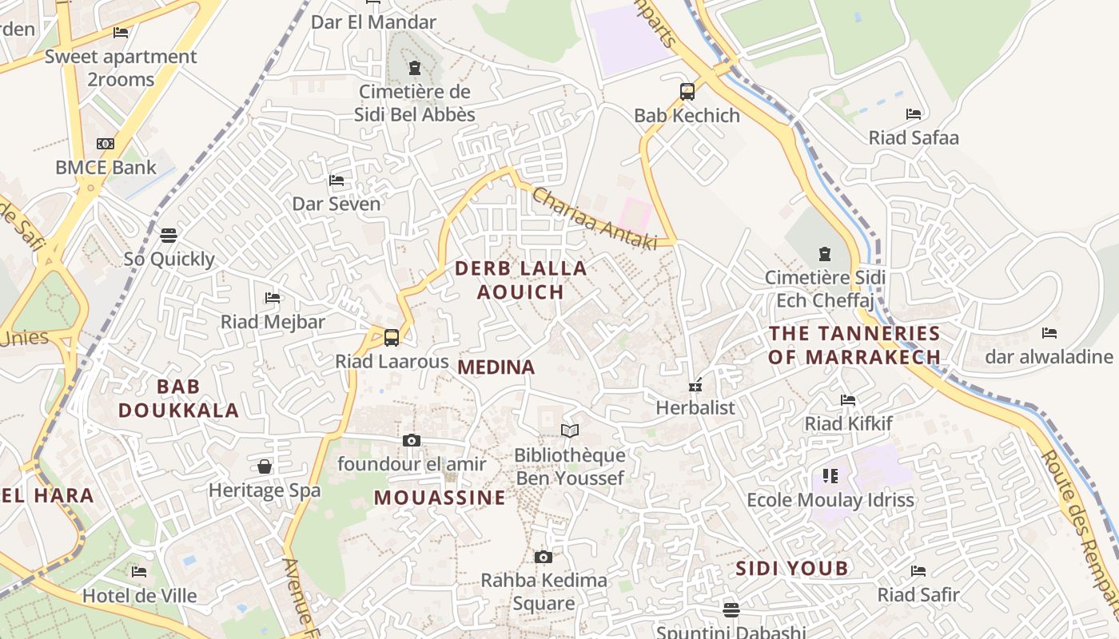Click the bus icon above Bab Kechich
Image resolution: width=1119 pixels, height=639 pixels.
click(687, 91)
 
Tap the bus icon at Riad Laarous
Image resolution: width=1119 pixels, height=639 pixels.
click(391, 337)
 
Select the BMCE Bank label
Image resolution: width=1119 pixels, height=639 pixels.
click(106, 168)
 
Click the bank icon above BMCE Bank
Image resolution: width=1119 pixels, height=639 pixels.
click(106, 144)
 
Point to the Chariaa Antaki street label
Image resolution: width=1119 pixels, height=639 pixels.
click(594, 218)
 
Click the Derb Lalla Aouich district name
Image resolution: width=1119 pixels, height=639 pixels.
click(521, 280)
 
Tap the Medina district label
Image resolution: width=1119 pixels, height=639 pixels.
click(496, 367)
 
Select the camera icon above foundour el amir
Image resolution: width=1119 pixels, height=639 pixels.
click(412, 440)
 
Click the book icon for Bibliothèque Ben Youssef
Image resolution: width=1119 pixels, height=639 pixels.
click(569, 431)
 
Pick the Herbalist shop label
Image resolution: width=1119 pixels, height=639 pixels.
click(695, 407)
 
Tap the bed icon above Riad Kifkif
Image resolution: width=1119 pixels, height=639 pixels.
click(848, 399)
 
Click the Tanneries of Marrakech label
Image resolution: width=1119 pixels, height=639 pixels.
click(854, 345)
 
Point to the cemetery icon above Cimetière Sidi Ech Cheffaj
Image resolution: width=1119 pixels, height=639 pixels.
click(824, 254)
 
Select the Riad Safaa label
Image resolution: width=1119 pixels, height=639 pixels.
click(913, 137)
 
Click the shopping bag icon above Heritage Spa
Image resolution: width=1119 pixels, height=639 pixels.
click(265, 466)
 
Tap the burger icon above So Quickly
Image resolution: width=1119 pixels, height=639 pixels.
click(168, 235)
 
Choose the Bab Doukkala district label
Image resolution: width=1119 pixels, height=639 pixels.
click(178, 399)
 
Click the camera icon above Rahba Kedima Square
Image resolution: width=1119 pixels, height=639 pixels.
click(544, 557)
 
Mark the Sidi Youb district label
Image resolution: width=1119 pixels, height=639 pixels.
click(791, 569)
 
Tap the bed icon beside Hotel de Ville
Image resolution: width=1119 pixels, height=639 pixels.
click(139, 571)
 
